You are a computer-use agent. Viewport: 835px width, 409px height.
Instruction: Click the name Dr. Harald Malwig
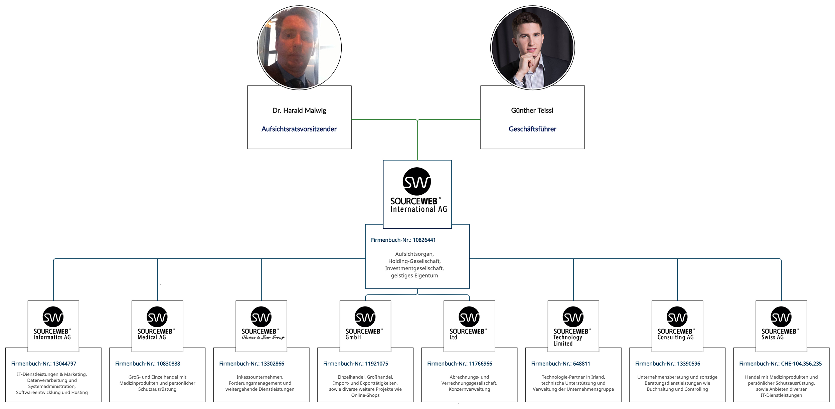tap(299, 111)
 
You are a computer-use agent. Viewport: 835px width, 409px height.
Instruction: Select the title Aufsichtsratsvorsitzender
tap(299, 129)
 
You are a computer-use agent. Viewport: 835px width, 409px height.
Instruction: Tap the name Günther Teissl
tap(532, 111)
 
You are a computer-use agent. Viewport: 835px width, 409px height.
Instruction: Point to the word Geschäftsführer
tap(532, 129)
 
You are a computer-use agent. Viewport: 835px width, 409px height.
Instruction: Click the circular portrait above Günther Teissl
tap(532, 48)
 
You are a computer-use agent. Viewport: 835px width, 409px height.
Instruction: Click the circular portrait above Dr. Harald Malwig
tap(299, 48)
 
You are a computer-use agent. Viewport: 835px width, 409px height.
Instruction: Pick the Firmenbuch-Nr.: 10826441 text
tap(403, 240)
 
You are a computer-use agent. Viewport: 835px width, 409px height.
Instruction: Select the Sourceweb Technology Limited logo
tap(573, 326)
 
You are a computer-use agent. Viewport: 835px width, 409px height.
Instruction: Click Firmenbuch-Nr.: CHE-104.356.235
tap(780, 364)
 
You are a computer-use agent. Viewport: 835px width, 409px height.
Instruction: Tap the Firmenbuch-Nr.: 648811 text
tap(560, 364)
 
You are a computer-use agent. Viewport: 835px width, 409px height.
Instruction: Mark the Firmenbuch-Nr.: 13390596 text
tap(667, 364)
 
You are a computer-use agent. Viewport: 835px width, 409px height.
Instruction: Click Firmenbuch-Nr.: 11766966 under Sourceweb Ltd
tap(460, 364)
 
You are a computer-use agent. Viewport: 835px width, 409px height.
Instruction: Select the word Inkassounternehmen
tap(260, 377)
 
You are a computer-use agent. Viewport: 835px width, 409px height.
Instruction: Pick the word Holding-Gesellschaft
tap(414, 261)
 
